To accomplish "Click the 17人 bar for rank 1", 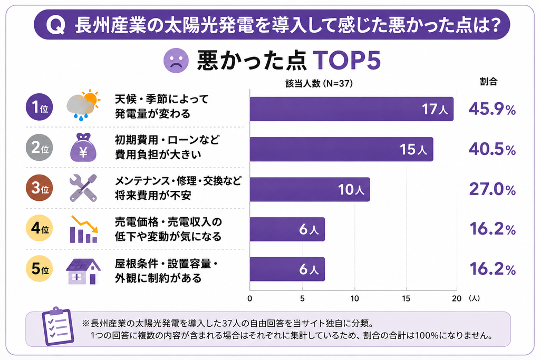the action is pos(352,109).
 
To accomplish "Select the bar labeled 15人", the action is pos(342,149).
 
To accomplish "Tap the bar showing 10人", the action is pos(310,189).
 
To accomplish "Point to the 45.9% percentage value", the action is pos(492,109).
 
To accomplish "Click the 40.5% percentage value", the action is pos(492,149).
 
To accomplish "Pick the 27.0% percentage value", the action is pos(492,189).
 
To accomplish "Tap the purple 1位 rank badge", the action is pos(40,107).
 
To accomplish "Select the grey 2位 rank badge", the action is pos(40,148).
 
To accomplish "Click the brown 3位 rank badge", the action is pos(40,188).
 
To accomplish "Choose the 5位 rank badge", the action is pos(40,269).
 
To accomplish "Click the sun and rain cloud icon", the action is pos(83,105).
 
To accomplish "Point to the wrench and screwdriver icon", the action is pos(83,188).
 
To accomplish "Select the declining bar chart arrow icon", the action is pos(84,229).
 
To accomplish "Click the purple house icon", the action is pos(83,271).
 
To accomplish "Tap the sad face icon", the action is pos(176,61).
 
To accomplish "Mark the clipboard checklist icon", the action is pos(57,326).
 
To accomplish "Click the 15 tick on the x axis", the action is pos(406,298).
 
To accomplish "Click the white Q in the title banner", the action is pos(56,25).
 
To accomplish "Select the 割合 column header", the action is pos(489,82).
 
